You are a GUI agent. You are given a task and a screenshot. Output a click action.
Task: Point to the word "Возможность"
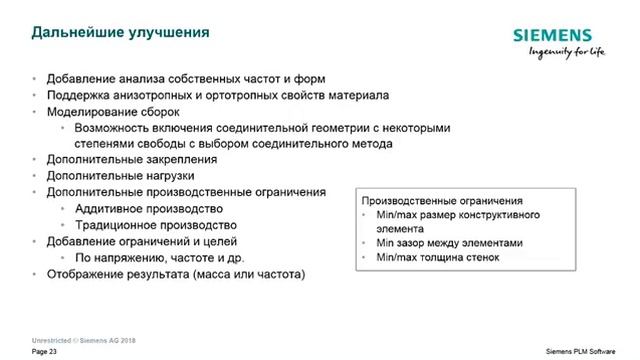click(x=118, y=128)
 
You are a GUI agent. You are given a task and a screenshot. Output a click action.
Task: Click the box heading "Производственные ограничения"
click(x=442, y=200)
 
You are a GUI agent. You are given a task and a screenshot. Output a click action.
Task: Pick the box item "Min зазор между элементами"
click(x=449, y=242)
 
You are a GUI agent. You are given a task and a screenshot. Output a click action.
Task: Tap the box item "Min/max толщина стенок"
click(x=438, y=257)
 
